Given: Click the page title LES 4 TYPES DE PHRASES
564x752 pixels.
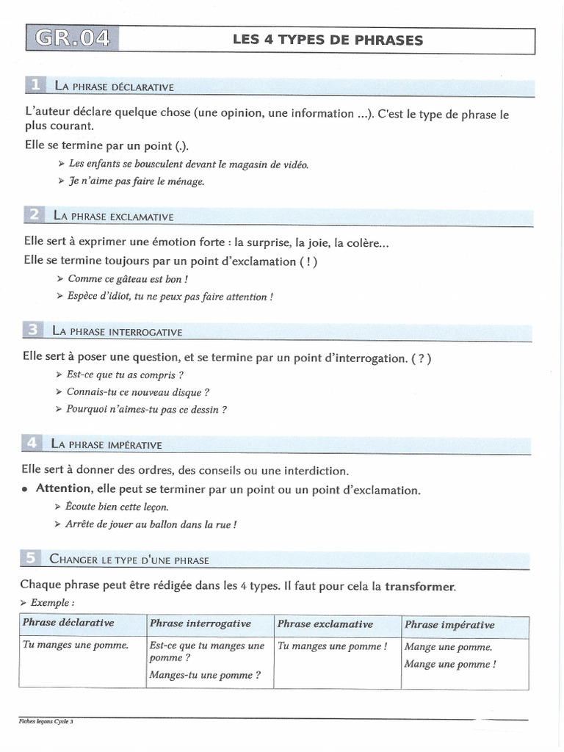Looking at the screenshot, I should click(328, 40).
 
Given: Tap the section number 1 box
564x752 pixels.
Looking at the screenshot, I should click(35, 86).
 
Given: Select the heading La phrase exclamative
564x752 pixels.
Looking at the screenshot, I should click(113, 217).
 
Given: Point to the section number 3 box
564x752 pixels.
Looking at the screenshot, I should click(33, 331).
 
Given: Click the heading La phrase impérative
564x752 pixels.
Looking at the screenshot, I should click(106, 444).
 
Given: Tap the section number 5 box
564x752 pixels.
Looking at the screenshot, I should click(31, 559).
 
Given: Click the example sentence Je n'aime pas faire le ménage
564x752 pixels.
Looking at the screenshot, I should click(136, 181).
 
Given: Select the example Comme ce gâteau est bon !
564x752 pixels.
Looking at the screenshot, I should click(127, 279).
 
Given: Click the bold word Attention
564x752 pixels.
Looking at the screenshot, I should click(64, 489).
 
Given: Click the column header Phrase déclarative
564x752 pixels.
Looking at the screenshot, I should click(68, 623).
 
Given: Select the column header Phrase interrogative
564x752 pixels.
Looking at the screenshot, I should click(200, 624).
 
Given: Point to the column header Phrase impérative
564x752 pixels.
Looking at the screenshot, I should click(449, 625).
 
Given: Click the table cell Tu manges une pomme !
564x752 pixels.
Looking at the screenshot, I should click(332, 646).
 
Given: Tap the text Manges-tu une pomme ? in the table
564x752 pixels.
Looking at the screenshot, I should click(204, 675).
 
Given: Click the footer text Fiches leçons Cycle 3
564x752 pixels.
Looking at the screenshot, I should click(46, 722).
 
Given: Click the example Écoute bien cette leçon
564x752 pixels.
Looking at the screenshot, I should click(117, 507).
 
